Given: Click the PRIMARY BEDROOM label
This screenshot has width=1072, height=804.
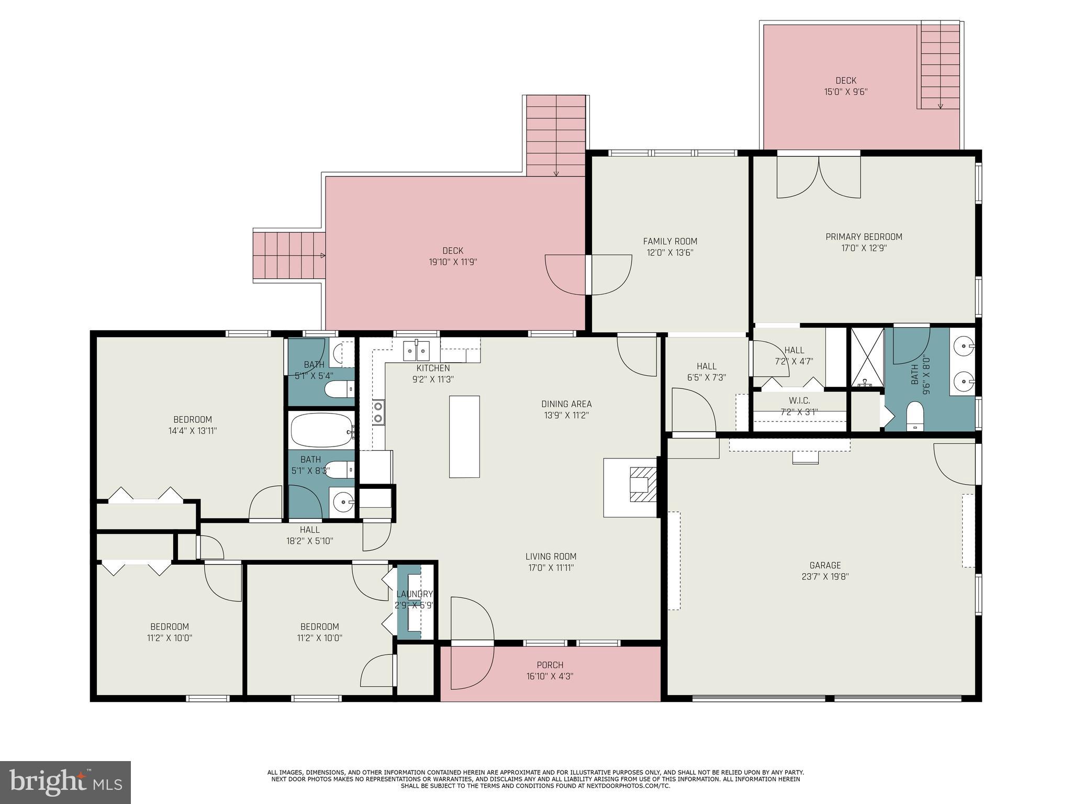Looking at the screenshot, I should pos(864,237).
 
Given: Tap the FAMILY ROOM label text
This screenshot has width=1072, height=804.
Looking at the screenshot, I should pos(670,241).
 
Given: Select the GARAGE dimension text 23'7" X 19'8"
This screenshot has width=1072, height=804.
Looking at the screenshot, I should pos(825,576).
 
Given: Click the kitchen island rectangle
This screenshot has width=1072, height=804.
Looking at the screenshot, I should pos(464,437).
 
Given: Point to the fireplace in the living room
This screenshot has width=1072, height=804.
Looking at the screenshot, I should pos(642,484).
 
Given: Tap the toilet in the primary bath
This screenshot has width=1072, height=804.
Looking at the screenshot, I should pos(914,417).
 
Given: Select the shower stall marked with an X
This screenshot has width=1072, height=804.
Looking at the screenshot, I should pos(867,358).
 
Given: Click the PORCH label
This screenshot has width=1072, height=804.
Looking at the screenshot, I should pos(550,665).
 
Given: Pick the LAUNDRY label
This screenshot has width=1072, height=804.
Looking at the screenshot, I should pos(415,594).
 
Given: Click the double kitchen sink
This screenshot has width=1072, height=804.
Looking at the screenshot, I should pos(416,350).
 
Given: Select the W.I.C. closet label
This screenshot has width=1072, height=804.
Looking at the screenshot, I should pos(799,400).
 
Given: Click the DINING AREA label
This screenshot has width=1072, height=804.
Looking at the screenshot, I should pos(566,404).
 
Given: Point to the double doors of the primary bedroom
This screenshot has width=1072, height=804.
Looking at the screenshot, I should pos(819,178).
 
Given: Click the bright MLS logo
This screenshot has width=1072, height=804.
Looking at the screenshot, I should pos(65,782).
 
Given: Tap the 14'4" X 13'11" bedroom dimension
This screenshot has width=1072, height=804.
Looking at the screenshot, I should pos(193,431).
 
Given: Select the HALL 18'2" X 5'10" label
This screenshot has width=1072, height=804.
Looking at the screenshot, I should pos(310,530).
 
